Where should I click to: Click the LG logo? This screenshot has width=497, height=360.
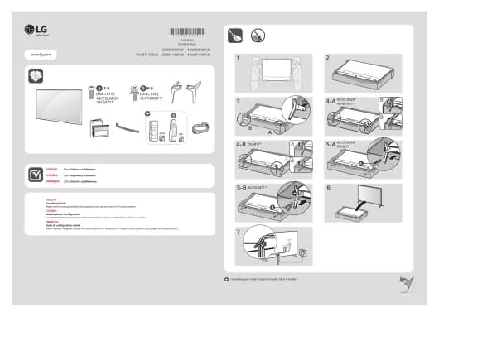(37, 31)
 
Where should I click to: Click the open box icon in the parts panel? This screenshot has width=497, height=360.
(35, 76)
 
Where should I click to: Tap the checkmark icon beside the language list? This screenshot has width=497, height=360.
(35, 175)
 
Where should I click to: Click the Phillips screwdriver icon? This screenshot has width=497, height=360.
(234, 36)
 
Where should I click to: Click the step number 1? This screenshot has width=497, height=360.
(237, 59)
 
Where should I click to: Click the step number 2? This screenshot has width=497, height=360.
(328, 59)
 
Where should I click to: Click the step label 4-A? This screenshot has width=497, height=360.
(331, 101)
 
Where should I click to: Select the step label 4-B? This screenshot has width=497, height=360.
(240, 144)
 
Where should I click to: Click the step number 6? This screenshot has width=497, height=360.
(328, 187)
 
